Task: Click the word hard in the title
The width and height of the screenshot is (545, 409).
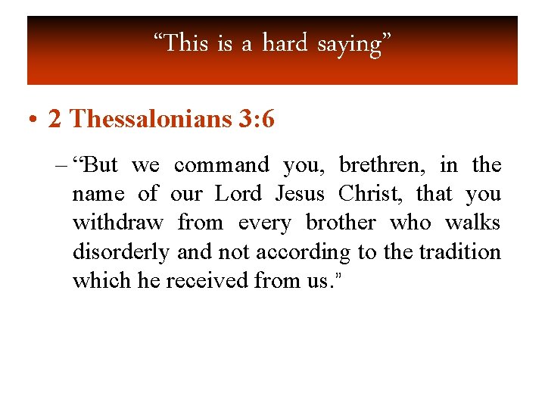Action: tap(285, 44)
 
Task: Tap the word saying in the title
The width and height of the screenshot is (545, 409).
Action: tap(349, 44)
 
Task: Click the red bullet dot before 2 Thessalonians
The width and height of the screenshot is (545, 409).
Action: tap(33, 120)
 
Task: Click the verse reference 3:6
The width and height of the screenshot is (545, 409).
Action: tap(254, 120)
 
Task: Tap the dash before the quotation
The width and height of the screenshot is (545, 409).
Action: tap(62, 165)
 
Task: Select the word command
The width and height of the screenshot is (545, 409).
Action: tap(222, 165)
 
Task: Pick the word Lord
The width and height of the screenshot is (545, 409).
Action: tap(238, 194)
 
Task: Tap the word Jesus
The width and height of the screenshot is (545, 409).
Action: tap(300, 194)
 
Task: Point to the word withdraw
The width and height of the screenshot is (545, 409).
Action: tap(117, 223)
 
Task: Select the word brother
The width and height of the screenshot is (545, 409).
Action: tap(341, 223)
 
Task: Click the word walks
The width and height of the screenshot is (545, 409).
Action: tap(473, 223)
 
